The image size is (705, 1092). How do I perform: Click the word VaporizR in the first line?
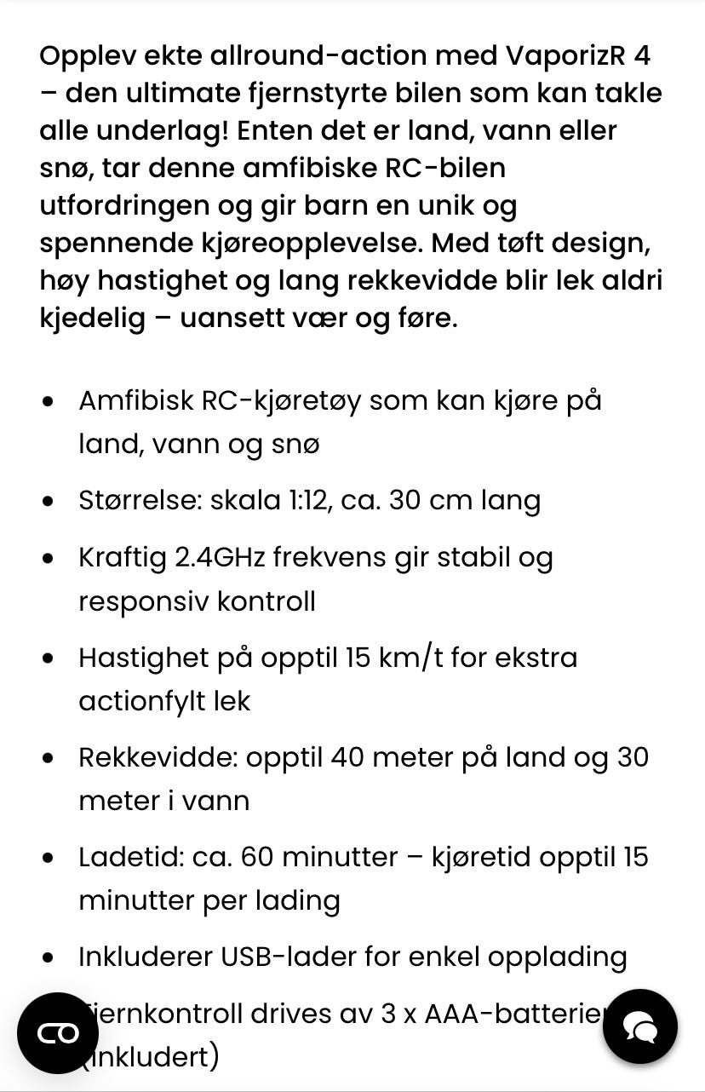566,55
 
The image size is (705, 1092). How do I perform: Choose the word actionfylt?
135,701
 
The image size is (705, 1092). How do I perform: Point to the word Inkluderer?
144,957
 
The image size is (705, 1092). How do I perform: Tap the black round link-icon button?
58,1032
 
